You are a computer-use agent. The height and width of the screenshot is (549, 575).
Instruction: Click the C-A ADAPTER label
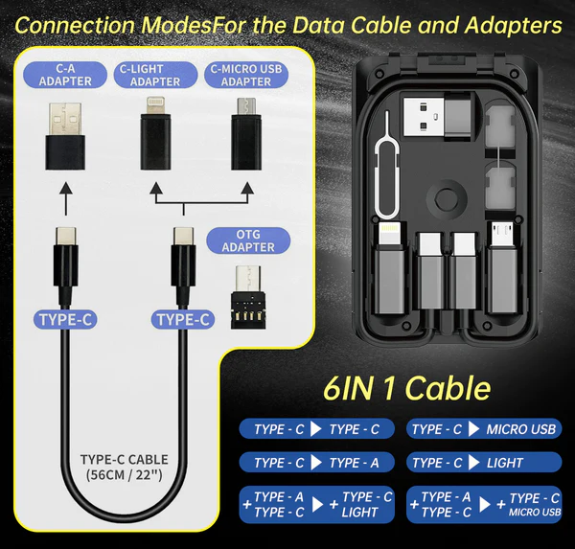[x=66, y=75]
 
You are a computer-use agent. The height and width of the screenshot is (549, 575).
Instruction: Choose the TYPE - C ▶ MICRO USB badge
[x=484, y=429]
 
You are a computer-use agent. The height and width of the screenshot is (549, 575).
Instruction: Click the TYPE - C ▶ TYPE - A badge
[x=316, y=463]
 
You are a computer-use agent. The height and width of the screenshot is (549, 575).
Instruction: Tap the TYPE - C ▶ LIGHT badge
[x=484, y=463]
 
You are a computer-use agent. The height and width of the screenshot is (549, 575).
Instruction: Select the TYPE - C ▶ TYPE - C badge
[x=316, y=429]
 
